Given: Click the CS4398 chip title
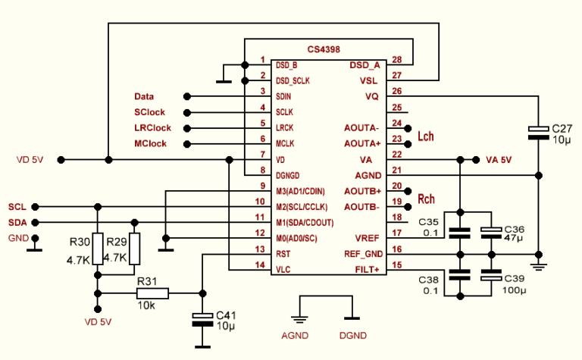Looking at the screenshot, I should click(x=324, y=49).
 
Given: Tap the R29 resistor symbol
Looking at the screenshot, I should click(x=135, y=247).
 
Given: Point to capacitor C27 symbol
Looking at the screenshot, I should click(x=538, y=133).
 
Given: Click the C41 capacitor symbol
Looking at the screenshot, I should click(x=202, y=318).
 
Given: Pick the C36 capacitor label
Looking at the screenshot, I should click(x=514, y=228).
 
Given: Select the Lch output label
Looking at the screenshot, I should click(x=426, y=136).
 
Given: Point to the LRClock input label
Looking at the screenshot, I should click(x=152, y=127).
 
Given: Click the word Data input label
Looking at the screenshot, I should click(x=144, y=97).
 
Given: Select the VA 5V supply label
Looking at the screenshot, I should click(x=499, y=160).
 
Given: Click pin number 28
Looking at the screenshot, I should click(x=396, y=59).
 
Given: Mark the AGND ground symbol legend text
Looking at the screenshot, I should click(x=295, y=335).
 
